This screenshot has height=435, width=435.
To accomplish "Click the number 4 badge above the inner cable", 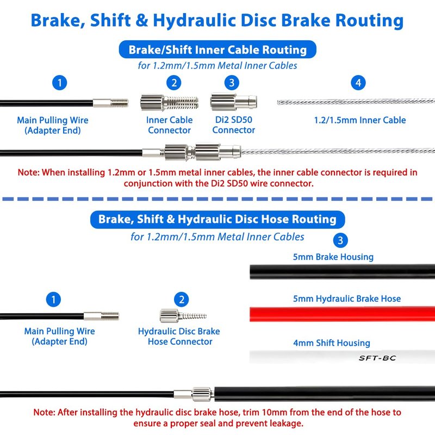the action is point(358,83).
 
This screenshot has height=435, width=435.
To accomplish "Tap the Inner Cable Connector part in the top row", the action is point(169,103).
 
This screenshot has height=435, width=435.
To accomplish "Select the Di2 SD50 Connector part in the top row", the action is point(234,102).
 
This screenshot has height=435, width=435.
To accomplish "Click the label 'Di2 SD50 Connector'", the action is point(234,125).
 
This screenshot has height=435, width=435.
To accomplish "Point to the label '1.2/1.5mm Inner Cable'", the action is point(360,120).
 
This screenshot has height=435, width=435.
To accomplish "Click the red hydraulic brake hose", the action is point(343,314).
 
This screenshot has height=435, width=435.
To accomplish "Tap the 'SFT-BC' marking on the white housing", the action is point(377,358).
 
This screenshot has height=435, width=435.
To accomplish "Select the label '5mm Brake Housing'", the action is point(333,257).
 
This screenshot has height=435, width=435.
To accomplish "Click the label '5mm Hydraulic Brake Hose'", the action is point(347,299).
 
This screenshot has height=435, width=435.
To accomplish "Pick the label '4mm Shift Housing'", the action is point(332,343).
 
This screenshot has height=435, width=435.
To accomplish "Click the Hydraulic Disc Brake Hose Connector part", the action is point(183,316).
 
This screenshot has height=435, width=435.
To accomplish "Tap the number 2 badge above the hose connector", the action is point(182,300).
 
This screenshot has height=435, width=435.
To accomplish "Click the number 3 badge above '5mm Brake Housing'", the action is point(340,240).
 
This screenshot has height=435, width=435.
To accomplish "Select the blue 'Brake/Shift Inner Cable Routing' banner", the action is point(217,49).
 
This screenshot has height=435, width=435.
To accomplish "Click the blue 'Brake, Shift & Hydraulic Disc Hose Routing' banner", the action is point(217,219).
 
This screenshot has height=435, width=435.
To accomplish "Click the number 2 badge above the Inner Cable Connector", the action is point(174,83).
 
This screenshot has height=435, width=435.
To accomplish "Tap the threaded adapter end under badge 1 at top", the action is point(110,103).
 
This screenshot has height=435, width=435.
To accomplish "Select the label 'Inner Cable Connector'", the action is point(169,125).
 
